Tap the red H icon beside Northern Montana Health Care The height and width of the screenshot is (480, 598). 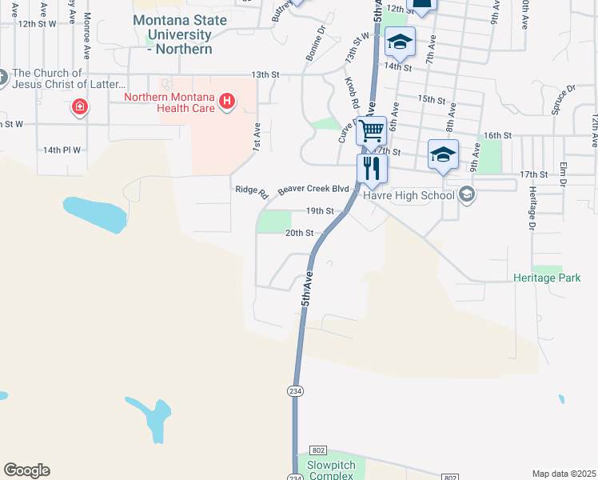pyautogui.click(x=228, y=100)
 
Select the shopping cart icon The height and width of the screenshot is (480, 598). pyautogui.click(x=372, y=130)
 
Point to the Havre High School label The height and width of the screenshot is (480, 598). pyautogui.click(x=409, y=195)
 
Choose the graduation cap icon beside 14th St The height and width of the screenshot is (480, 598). pyautogui.click(x=400, y=42)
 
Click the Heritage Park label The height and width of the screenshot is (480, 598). pyautogui.click(x=547, y=278)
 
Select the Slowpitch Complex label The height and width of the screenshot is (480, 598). pyautogui.click(x=329, y=470)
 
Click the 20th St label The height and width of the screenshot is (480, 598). pyautogui.click(x=297, y=233)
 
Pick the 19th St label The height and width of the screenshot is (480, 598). pyautogui.click(x=319, y=211)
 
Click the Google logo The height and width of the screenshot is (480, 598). pyautogui.click(x=26, y=470)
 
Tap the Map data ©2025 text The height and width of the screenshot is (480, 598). pyautogui.click(x=563, y=474)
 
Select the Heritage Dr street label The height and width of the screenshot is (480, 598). pyautogui.click(x=531, y=208)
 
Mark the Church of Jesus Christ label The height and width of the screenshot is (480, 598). pyautogui.click(x=69, y=78)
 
